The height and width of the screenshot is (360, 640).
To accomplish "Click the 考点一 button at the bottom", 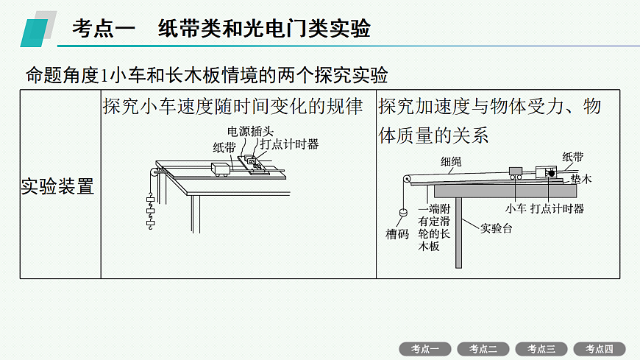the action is (x=425, y=349).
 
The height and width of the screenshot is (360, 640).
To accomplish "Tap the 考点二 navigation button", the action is (x=483, y=349).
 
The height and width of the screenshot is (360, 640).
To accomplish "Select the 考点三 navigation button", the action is (x=541, y=349).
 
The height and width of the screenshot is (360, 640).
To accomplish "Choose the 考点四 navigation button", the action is (x=600, y=349).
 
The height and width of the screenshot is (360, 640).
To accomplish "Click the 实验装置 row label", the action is (x=57, y=186).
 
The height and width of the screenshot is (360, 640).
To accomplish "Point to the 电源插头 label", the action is (x=250, y=131).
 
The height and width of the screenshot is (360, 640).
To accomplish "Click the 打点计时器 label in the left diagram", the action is (x=289, y=144).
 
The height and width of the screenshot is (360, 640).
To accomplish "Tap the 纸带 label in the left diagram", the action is (x=224, y=147).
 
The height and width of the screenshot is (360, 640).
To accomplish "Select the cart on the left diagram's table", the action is (x=221, y=169).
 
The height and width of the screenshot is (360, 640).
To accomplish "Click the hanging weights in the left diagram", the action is (x=151, y=211).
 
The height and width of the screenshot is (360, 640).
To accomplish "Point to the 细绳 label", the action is (x=451, y=162).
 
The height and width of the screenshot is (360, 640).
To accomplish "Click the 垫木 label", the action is (x=581, y=179).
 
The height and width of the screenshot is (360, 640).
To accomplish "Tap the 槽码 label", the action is (x=397, y=234).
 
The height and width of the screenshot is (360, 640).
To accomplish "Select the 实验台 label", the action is (x=496, y=228).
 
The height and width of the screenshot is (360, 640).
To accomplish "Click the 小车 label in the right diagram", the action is (x=516, y=209).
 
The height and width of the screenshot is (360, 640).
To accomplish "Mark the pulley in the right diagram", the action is (x=407, y=179).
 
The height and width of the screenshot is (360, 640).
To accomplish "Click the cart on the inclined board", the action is (x=516, y=173).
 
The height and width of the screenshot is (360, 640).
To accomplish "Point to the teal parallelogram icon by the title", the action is (x=35, y=33).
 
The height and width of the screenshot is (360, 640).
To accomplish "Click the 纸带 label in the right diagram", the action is (x=572, y=157).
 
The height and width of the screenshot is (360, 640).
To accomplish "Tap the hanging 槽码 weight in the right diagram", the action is (x=403, y=212).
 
